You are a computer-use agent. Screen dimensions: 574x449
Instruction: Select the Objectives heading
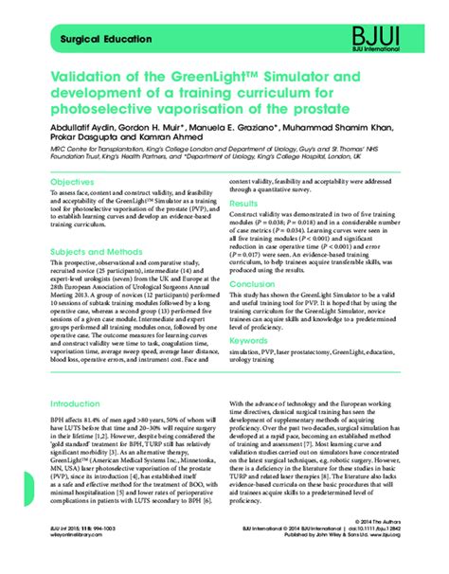coord(72,182)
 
